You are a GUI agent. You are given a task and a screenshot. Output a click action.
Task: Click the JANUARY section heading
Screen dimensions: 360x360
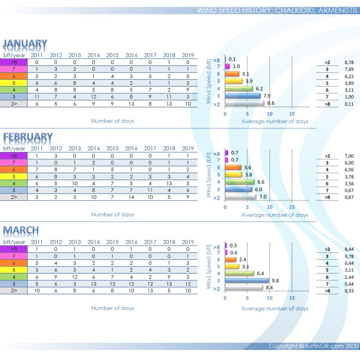(x=25, y=44)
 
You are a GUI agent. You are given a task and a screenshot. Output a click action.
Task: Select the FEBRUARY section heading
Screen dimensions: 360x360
(x=28, y=137)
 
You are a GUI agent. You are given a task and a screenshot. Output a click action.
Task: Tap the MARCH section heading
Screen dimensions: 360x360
(x=21, y=230)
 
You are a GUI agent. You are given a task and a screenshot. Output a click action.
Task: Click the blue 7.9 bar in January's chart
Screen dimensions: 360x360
(x=242, y=96)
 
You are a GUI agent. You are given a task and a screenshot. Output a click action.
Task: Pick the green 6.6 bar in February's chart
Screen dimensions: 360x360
(x=240, y=182)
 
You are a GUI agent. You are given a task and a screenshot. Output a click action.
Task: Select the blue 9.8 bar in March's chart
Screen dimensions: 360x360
(x=246, y=280)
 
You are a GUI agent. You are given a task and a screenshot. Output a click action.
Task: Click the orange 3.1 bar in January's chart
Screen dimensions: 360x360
(x=232, y=74)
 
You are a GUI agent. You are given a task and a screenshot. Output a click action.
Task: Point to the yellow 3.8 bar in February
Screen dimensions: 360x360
(x=234, y=174)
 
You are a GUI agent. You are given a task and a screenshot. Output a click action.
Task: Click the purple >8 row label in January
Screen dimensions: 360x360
(x=14, y=62)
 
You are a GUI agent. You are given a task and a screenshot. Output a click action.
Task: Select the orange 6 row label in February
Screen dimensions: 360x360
(x=14, y=170)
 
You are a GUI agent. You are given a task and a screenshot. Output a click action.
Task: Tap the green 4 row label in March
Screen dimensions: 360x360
(x=14, y=277)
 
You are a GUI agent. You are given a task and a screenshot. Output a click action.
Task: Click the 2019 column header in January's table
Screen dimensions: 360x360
(x=188, y=55)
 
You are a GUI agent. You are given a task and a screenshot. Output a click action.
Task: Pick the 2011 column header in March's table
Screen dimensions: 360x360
(x=36, y=242)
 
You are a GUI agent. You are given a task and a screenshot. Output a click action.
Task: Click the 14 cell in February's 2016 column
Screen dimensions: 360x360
(x=131, y=197)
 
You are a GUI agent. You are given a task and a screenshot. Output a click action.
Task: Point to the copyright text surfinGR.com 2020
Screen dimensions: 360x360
(x=314, y=346)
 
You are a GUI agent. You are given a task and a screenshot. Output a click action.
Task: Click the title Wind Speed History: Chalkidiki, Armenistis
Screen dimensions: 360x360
(x=277, y=10)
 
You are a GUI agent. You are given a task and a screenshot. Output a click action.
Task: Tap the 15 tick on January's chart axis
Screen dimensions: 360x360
(x=292, y=114)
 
